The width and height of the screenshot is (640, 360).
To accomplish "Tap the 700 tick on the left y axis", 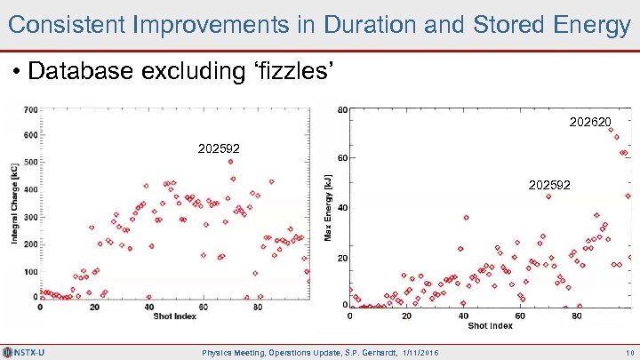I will pos(29,109).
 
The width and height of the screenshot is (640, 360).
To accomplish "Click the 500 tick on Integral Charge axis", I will pos(29,162).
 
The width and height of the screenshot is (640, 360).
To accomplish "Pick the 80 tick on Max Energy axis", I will pos(342,110).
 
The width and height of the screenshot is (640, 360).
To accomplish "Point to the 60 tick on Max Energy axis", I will pos(342,158).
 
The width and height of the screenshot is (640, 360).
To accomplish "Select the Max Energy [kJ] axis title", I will pos(330,207).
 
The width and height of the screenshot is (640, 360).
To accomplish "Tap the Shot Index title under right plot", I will pos(490,325).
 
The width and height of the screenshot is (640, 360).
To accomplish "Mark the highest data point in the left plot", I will pos(231,162).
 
